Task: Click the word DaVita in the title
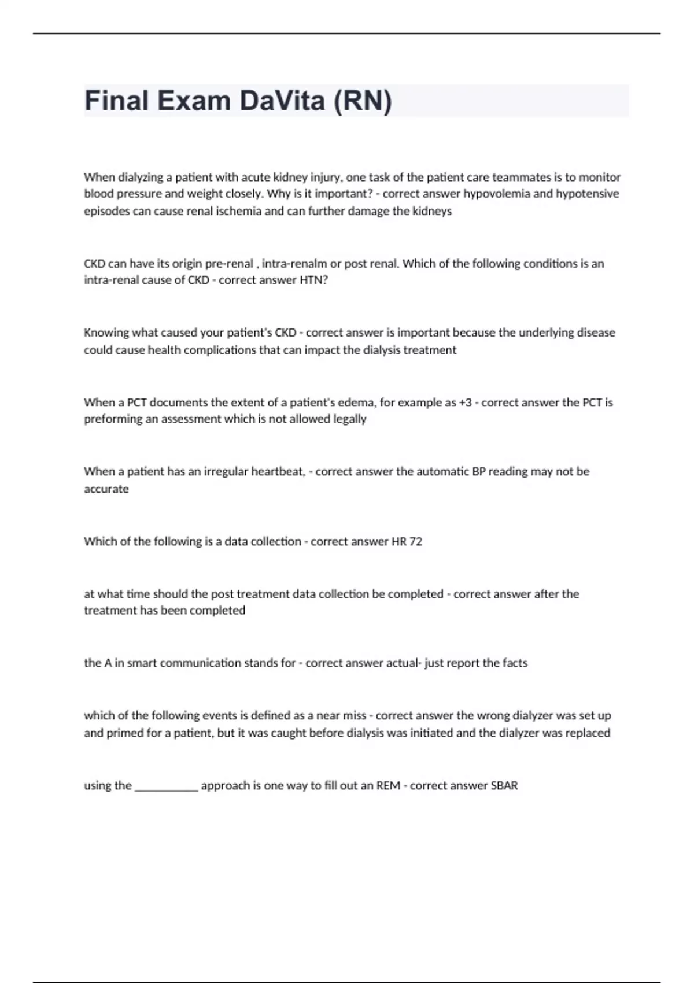[x=282, y=101]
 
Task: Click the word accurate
[x=106, y=489]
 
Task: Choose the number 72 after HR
[x=416, y=542]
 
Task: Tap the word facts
[x=515, y=663]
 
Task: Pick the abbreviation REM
[x=388, y=785]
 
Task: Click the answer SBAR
[x=504, y=785]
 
